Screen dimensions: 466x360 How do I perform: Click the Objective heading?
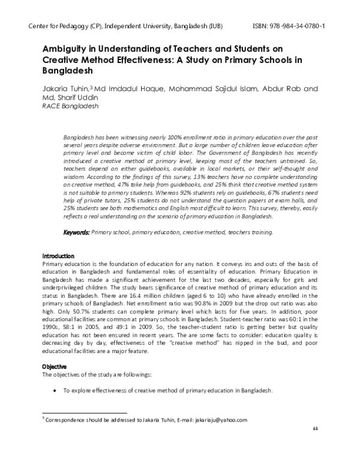pos(54,366)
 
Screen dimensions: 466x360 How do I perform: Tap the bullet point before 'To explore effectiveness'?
pos(55,390)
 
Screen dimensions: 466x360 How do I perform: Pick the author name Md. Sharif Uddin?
pos(71,97)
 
